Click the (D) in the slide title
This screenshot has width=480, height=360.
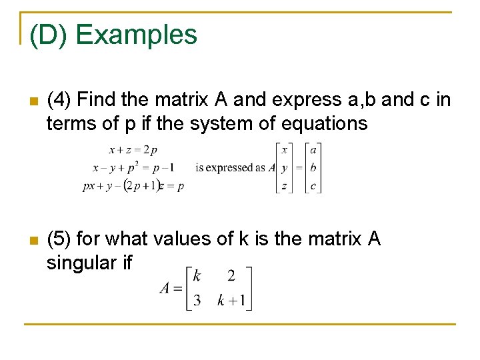tap(51, 35)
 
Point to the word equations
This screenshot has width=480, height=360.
tap(321, 123)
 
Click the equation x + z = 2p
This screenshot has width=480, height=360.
tap(133, 150)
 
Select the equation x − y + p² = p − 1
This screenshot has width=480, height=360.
tap(134, 168)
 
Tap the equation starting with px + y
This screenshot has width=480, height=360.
tap(134, 187)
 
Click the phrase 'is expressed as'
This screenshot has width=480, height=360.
tap(231, 168)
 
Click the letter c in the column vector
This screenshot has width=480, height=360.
tap(313, 187)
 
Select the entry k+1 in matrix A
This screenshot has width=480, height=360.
tap(231, 300)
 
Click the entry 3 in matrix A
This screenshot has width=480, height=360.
tap(197, 300)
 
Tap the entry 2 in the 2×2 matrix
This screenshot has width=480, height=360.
tap(231, 275)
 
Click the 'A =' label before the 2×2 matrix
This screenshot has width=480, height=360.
tap(171, 288)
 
